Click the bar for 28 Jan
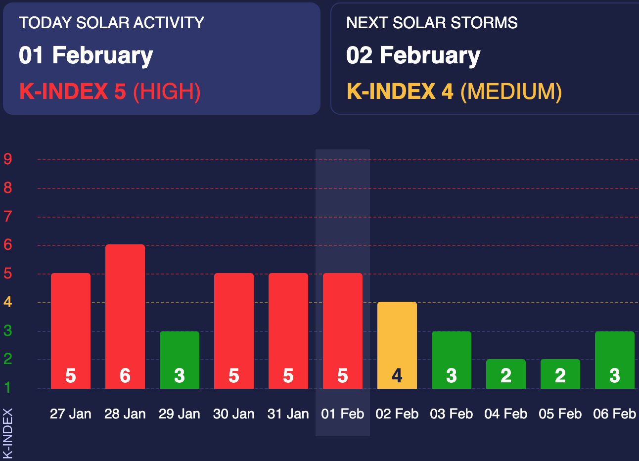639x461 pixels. tap(125, 317)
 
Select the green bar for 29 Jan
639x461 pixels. tap(180, 360)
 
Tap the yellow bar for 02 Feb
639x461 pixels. tap(397, 345)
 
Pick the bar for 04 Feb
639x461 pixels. tap(506, 373)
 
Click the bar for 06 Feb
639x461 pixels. tap(615, 360)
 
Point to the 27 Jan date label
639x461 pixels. tap(71, 414)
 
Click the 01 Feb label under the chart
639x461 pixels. tap(343, 414)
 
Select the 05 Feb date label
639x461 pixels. tap(560, 414)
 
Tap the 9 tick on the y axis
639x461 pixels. tap(8, 159)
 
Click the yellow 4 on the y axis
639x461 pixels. tap(8, 302)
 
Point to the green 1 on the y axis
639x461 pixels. tap(8, 388)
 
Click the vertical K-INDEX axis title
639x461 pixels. tap(8, 434)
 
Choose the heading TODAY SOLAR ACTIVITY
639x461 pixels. tap(111, 23)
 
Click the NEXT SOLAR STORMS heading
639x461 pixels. tap(432, 23)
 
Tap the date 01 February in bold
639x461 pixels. tap(86, 55)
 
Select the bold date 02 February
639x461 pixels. tap(413, 55)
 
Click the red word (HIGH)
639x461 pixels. tap(167, 92)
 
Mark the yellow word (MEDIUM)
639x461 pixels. tap(511, 92)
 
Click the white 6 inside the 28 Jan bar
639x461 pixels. tap(125, 376)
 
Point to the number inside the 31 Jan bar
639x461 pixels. tap(288, 376)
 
